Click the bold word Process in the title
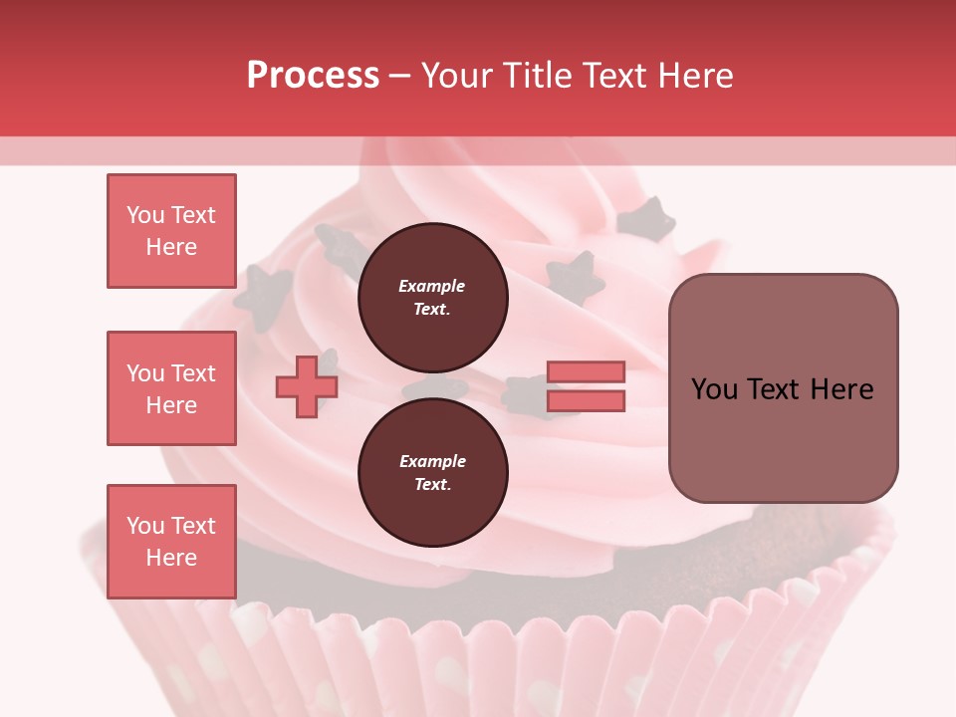pyautogui.click(x=313, y=76)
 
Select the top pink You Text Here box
pyautogui.click(x=171, y=231)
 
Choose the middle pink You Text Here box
pyautogui.click(x=171, y=388)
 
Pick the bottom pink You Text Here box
pyautogui.click(x=171, y=542)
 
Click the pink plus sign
pyautogui.click(x=307, y=386)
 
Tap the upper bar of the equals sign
pyautogui.click(x=586, y=372)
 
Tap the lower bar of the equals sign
pyautogui.click(x=586, y=401)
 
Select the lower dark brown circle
pyautogui.click(x=432, y=473)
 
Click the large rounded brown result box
pyautogui.click(x=783, y=388)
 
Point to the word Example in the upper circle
pyautogui.click(x=432, y=287)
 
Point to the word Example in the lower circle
pyautogui.click(x=432, y=462)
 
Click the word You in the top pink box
pyautogui.click(x=145, y=215)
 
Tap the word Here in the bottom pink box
pyautogui.click(x=171, y=558)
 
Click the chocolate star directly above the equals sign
pyautogui.click(x=575, y=277)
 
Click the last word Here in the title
pyautogui.click(x=694, y=76)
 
